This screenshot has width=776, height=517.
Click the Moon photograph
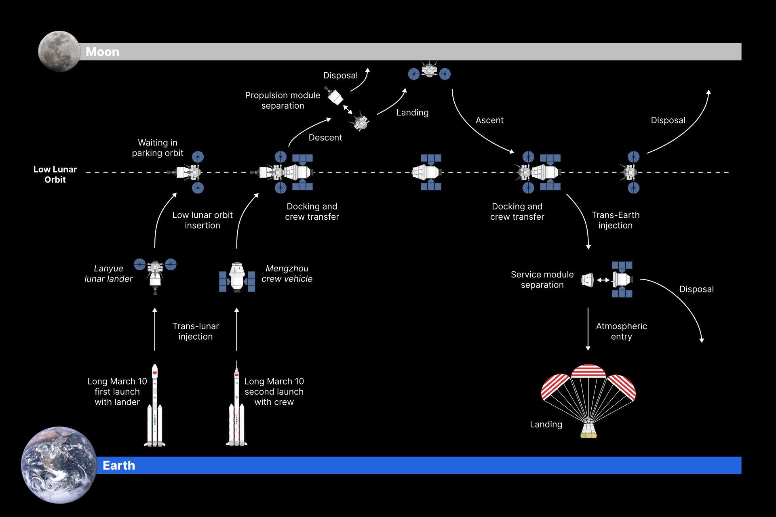[x=59, y=51]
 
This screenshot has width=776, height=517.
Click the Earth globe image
[x=59, y=465]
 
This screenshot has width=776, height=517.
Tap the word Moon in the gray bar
[x=102, y=52]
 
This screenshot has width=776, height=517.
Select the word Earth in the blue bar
[x=119, y=466]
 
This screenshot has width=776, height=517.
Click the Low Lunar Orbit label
[x=55, y=174]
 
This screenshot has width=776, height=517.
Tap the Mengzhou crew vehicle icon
[x=237, y=277]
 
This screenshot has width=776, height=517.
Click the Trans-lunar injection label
[x=196, y=331]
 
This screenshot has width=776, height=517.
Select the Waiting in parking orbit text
[x=158, y=148]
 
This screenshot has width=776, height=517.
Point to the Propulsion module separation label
[x=283, y=101]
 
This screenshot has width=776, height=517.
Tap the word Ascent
[x=489, y=120]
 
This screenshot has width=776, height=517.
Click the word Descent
[x=325, y=138]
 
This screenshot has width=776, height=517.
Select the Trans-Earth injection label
[x=616, y=220]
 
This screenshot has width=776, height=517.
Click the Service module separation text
[x=542, y=280]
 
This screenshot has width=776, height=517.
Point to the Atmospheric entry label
[x=621, y=331]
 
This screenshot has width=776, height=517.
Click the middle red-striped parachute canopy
[x=588, y=371]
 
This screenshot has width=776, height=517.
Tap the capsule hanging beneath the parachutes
[x=588, y=431]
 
